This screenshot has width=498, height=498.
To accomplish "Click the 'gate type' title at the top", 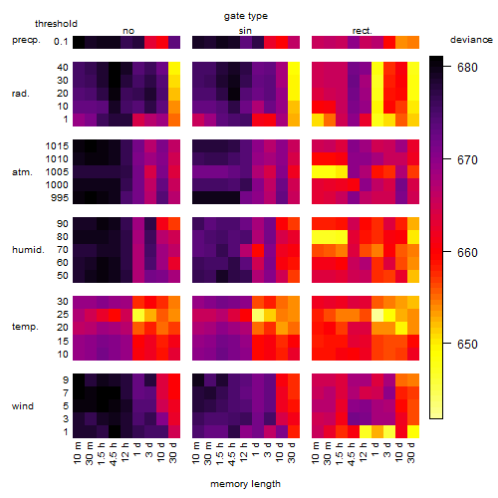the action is pos(246,16).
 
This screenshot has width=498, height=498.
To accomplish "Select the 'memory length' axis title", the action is pos(245,484).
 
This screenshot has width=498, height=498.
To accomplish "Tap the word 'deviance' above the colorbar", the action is pos(471,40).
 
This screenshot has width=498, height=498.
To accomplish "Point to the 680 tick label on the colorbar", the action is pos(467,68).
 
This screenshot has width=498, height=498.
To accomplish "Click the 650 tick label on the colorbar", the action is pos(467,345).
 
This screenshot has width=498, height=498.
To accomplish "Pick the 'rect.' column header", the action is pos(362,31).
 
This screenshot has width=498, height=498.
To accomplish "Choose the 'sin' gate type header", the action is pos(245,31).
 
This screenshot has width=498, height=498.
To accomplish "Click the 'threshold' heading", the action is pos(56,24).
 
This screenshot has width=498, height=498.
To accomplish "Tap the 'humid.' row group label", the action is pos(28,250).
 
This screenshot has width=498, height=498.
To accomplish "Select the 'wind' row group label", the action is pos(23,406).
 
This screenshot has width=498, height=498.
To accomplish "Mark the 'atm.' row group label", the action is pos(22,172).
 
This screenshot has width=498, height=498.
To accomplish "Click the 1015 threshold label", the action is pos(57,146).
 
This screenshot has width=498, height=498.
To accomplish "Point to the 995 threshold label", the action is pos(60,198).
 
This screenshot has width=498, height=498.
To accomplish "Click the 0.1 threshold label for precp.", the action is pos(61,42).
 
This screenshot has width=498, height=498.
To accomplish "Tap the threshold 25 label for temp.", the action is pos(63,315).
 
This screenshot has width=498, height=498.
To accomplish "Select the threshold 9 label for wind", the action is pos(66,380).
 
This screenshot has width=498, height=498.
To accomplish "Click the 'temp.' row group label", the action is pos(25,327).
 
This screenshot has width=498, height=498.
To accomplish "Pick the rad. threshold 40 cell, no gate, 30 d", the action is pos(174,68).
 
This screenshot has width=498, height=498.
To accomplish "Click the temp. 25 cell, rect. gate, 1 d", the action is pos(377,315).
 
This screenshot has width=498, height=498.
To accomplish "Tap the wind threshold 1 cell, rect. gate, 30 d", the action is pos(413,431).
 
